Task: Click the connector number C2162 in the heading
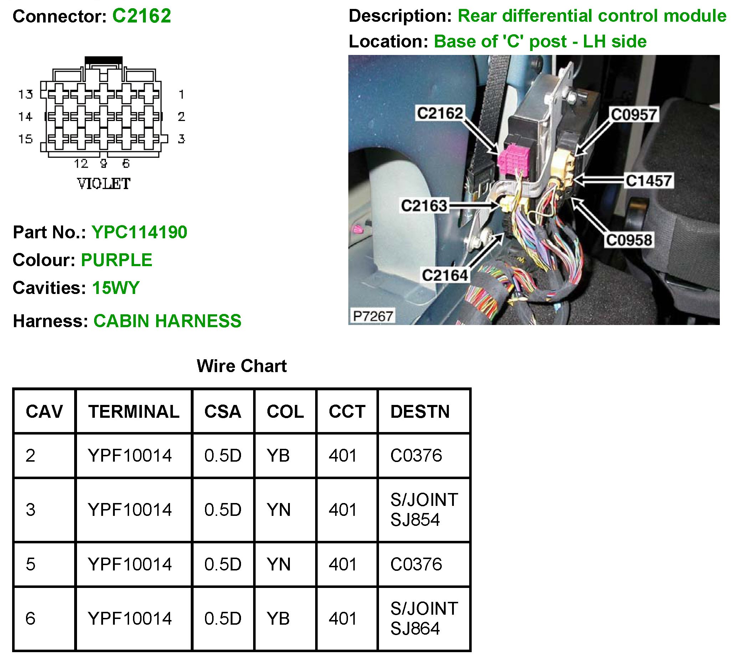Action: click(x=142, y=16)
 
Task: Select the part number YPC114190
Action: click(x=139, y=232)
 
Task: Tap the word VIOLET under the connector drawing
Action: click(x=104, y=184)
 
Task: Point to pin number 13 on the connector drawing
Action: click(x=26, y=95)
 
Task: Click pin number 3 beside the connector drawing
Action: click(x=181, y=139)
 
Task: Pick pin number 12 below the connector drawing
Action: click(x=81, y=164)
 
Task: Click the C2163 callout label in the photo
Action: click(x=424, y=205)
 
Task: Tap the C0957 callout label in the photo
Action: click(x=634, y=115)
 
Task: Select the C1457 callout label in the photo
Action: click(x=649, y=180)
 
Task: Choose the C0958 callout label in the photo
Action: click(x=629, y=240)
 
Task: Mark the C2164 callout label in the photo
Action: click(x=445, y=275)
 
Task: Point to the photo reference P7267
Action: click(x=373, y=316)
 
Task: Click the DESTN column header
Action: click(x=420, y=412)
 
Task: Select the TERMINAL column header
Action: click(x=134, y=412)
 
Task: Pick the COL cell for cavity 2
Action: click(x=278, y=456)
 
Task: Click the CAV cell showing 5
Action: click(x=31, y=564)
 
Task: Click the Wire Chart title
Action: click(x=241, y=366)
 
